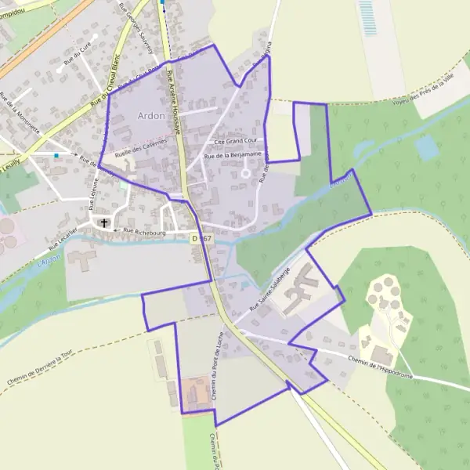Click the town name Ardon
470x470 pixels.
(151, 116)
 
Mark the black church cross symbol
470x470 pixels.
(103, 223)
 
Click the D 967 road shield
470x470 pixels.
(201, 237)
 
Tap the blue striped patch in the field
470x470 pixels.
(366, 13)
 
